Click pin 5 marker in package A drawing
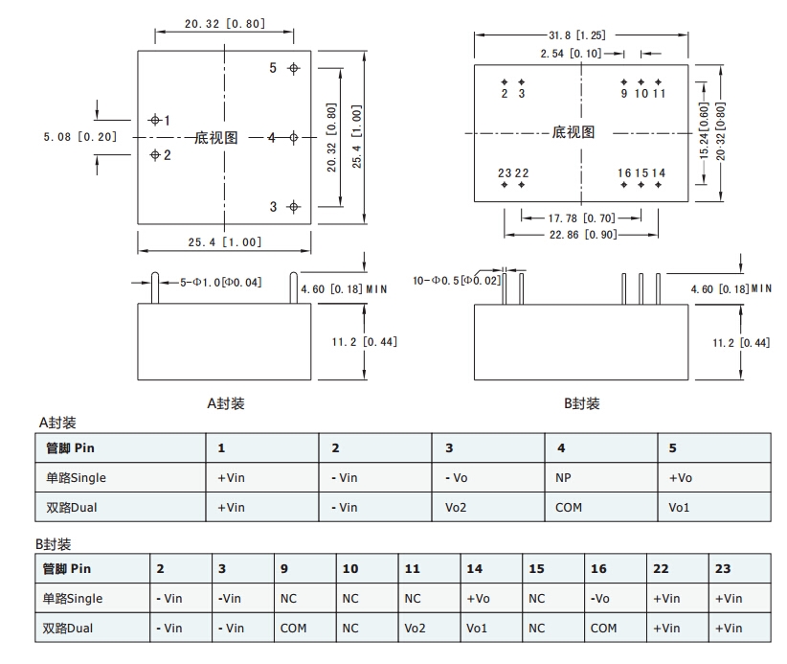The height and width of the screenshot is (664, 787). (294, 68)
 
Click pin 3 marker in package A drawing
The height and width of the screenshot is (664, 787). (294, 207)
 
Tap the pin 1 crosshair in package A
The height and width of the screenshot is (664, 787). (155, 120)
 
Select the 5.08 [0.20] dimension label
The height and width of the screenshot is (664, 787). (80, 137)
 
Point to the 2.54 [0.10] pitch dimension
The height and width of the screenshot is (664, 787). (572, 54)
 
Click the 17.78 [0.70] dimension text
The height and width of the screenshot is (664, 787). (581, 218)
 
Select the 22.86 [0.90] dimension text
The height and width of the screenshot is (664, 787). (582, 235)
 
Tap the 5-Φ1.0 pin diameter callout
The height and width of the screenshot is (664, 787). (221, 282)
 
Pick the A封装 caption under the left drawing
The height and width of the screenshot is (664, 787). (226, 403)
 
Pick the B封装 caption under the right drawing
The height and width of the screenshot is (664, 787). (581, 403)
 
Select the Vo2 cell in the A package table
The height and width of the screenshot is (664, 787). (456, 507)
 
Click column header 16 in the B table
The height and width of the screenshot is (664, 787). (598, 568)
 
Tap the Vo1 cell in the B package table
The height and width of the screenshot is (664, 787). (477, 628)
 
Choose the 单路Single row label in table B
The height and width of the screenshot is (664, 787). (74, 598)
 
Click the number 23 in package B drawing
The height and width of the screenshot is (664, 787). (505, 172)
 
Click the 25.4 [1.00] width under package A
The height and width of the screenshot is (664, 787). (225, 242)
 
